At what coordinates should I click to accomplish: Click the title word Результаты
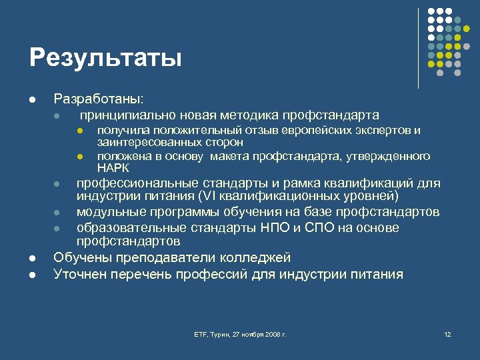[105, 57]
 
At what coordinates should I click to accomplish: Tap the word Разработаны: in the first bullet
[97, 99]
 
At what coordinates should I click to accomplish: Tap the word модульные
[109, 212]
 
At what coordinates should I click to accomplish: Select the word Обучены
[81, 257]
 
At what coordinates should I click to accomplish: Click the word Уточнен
[80, 273]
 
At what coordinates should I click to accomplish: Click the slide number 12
[447, 333]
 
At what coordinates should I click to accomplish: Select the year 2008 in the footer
[270, 333]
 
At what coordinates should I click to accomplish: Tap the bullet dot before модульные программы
[57, 213]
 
